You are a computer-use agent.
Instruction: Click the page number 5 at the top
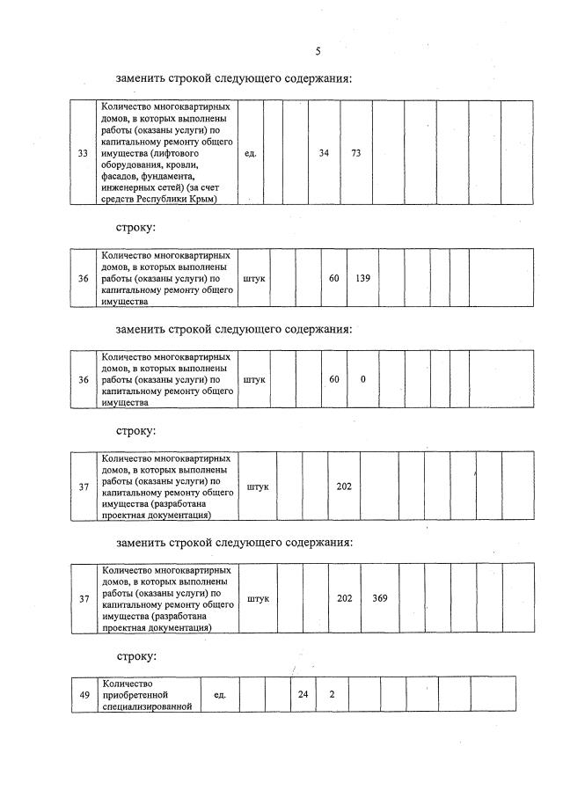[x=318, y=51]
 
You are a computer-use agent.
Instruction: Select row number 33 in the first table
[x=83, y=153]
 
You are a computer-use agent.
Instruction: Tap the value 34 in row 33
[x=324, y=153]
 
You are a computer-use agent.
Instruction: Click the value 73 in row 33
[x=356, y=153]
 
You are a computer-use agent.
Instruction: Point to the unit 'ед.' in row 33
[x=250, y=153]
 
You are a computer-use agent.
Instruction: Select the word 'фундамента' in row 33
[x=164, y=176]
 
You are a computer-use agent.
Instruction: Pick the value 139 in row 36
[x=362, y=278]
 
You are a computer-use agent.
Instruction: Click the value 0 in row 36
[x=362, y=379]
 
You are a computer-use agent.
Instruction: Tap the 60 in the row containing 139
[x=334, y=278]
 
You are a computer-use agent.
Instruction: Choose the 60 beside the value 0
[x=334, y=379]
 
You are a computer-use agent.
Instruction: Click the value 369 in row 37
[x=380, y=598]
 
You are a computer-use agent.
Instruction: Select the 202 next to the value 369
[x=345, y=598]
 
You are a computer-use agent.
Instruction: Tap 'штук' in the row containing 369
[x=259, y=598]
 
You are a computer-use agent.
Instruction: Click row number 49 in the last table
[x=84, y=695]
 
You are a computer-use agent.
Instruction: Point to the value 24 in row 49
[x=303, y=695]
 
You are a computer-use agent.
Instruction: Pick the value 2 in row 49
[x=332, y=695]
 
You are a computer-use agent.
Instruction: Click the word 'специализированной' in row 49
[x=147, y=706]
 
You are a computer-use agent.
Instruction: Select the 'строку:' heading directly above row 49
[x=136, y=656]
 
